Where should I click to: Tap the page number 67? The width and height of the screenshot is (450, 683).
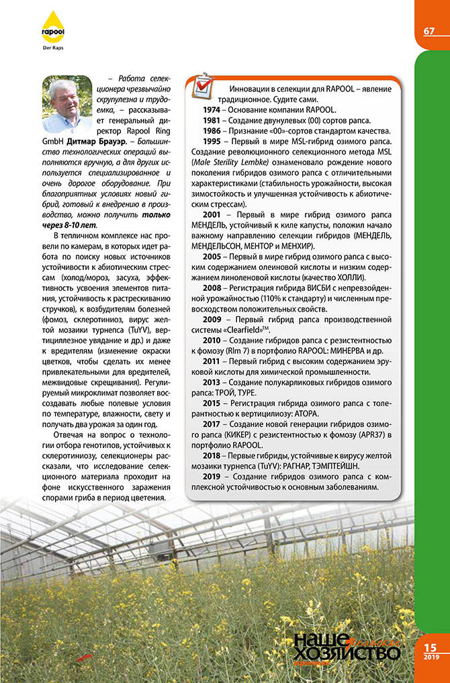click(x=429, y=32)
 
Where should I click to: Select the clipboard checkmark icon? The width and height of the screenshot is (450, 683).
click(x=203, y=86)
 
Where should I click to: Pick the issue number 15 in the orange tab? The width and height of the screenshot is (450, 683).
click(x=431, y=647)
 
